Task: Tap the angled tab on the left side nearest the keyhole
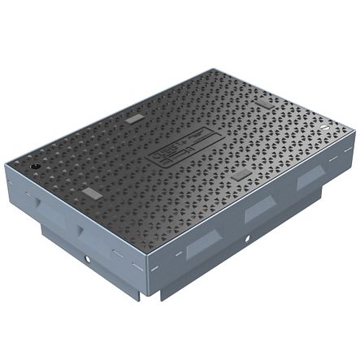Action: [x=30, y=196]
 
